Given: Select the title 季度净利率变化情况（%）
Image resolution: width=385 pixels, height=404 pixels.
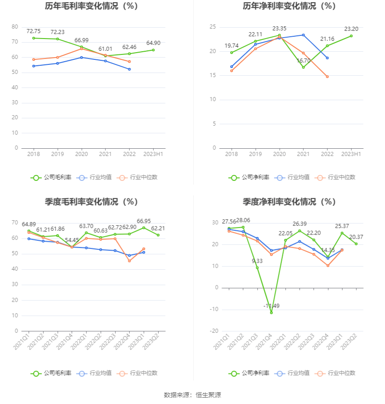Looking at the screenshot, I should tap(289, 202).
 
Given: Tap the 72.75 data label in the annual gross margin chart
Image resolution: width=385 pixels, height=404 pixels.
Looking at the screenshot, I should tap(34, 31).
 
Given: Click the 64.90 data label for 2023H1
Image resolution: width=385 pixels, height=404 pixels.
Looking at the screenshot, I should tap(153, 43).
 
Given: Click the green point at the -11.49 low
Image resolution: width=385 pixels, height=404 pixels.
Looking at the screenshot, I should tap(271, 313).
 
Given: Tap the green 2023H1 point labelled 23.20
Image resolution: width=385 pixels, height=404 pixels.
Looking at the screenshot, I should tap(351, 36).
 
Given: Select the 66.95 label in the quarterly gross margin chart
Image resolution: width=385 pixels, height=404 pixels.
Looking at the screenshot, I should tap(144, 221).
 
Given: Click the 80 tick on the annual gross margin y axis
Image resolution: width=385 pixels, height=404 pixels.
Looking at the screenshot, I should tap(15, 27).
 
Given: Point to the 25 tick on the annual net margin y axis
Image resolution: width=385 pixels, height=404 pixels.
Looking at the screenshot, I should tap(212, 27).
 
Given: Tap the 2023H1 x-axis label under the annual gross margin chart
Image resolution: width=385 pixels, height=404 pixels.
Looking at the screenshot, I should tap(153, 154).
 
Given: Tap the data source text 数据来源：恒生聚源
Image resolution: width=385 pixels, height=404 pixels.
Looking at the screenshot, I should tap(192, 395).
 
